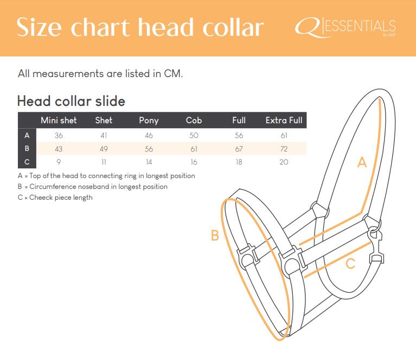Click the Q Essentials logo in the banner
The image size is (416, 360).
pos(345,27)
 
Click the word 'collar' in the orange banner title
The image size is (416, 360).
pos(233,27)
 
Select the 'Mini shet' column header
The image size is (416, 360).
pos(59,121)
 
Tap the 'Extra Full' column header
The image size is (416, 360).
pos(284,121)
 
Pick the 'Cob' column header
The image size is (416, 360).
pos(194,121)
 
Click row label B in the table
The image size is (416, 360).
pos(27,149)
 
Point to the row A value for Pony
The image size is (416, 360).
pos(149,136)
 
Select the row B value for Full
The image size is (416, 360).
pos(239,149)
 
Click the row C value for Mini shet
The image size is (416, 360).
pos(59,162)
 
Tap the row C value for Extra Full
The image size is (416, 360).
pos(284,162)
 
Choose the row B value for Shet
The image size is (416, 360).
pos(104,149)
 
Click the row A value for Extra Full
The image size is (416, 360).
pos(284,136)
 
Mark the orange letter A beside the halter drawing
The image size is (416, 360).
pos(362,162)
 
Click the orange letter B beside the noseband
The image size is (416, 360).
pos(215,235)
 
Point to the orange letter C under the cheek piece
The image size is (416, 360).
pos(350,264)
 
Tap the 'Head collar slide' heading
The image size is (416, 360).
pos(71,101)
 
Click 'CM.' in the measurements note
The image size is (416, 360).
pos(174,74)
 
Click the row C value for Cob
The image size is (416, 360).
pos(194,162)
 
